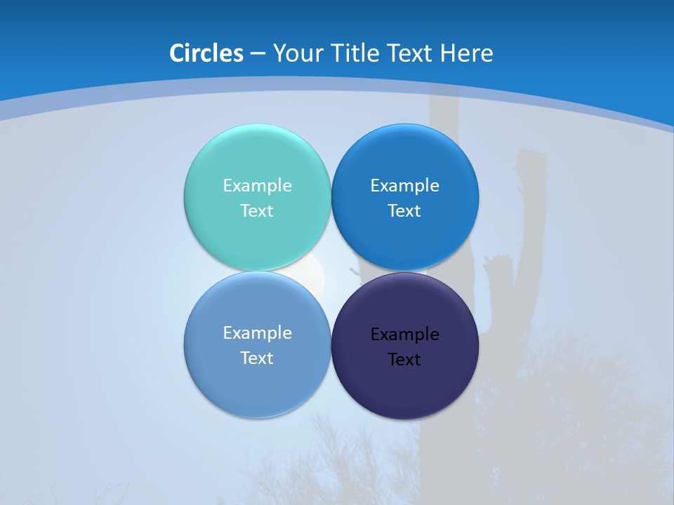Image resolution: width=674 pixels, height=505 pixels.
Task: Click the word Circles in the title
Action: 206,53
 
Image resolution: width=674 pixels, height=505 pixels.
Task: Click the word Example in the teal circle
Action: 257,185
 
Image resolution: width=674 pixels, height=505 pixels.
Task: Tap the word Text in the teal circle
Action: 257,210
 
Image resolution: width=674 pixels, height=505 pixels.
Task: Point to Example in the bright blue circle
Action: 404,185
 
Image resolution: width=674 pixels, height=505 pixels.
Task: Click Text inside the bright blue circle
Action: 404,210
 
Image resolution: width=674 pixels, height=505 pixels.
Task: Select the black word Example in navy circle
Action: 404,334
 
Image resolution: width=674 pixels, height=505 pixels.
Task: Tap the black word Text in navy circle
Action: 404,359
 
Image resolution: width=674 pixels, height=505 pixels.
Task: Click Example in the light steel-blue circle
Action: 257,332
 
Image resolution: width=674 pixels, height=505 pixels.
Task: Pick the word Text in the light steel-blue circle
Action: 257,358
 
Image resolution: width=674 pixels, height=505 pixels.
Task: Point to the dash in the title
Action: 257,53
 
